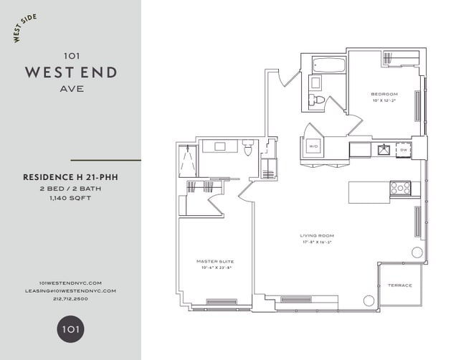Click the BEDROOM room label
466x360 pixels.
click(384, 94)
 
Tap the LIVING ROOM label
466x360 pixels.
click(317, 235)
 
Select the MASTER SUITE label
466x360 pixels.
click(215, 262)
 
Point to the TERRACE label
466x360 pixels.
click(400, 285)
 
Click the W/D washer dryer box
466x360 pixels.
click(313, 146)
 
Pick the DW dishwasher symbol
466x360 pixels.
click(404, 150)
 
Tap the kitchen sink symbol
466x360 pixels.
click(383, 150)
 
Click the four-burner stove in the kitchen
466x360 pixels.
click(400, 188)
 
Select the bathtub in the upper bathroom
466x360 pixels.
click(329, 67)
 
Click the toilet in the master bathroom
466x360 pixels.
click(248, 150)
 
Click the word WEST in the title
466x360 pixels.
click(48, 72)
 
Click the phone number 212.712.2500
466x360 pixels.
click(70, 299)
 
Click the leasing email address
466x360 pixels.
click(70, 290)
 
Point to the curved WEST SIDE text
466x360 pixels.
click(25, 27)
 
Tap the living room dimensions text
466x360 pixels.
click(317, 242)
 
